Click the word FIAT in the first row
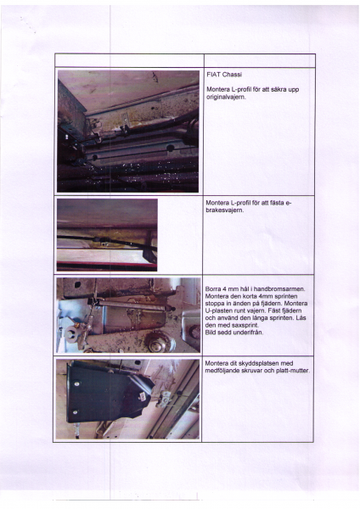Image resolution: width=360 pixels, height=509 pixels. pyautogui.click(x=213, y=75)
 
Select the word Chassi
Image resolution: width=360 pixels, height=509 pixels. pyautogui.click(x=231, y=75)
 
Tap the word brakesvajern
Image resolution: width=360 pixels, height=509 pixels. pyautogui.click(x=225, y=211)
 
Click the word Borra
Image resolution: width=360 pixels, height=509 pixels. pyautogui.click(x=215, y=288)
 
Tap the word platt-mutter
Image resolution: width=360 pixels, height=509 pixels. pyautogui.click(x=291, y=371)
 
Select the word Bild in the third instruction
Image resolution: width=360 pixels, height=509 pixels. pyautogui.click(x=212, y=331)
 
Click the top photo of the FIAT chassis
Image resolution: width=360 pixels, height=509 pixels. pyautogui.click(x=127, y=131)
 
